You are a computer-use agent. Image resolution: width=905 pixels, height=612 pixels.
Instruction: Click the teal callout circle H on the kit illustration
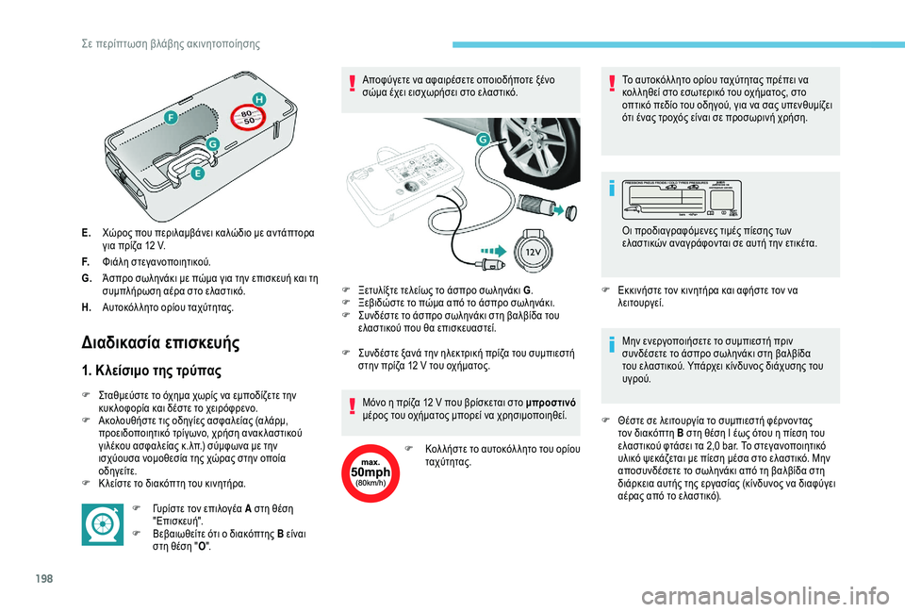click(258, 99)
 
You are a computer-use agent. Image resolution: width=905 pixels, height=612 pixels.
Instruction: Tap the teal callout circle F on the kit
click(171, 117)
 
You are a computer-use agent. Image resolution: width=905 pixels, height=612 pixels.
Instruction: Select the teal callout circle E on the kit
click(197, 174)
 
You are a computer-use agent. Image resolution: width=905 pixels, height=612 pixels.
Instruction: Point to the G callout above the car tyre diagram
click(484, 139)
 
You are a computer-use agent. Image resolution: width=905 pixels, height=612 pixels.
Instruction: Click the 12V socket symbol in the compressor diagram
click(532, 253)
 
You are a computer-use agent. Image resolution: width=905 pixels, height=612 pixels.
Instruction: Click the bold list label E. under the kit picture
click(86, 232)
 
